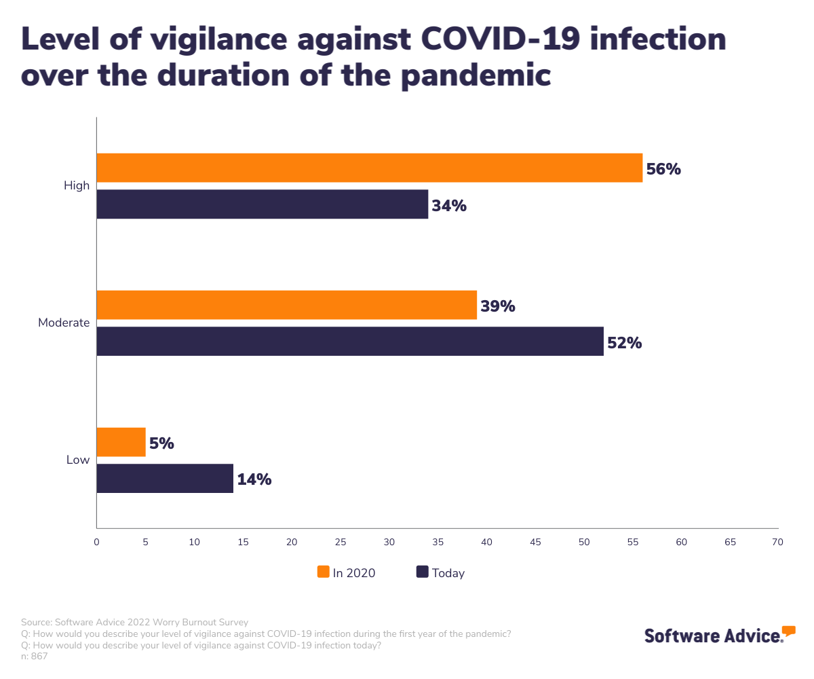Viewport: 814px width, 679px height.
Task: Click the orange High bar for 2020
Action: pos(370,168)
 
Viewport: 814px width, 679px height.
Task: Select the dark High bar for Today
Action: pos(263,204)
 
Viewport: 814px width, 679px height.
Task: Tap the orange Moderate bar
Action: pos(287,305)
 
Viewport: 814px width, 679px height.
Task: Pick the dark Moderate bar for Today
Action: pos(350,341)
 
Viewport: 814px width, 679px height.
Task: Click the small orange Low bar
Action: pos(121,442)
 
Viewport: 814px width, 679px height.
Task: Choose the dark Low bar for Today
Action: pos(165,478)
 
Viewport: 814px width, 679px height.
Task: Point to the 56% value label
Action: pos(663,169)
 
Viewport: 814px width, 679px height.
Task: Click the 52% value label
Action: pos(624,343)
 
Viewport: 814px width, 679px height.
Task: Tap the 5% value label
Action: pos(161,443)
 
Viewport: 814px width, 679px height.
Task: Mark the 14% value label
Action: pos(254,479)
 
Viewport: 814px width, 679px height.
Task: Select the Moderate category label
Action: pos(64,323)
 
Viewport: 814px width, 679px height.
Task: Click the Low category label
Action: pos(78,460)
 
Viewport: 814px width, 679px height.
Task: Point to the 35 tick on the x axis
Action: pos(438,542)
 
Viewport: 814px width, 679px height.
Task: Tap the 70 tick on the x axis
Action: pos(777,542)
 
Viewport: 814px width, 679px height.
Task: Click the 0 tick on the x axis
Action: pos(96,542)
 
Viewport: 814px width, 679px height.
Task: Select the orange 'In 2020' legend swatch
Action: pos(324,572)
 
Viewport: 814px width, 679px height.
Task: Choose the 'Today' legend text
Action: pos(448,573)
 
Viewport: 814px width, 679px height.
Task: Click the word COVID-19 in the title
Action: pos(506,39)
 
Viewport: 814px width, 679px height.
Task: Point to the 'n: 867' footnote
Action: pos(34,656)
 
